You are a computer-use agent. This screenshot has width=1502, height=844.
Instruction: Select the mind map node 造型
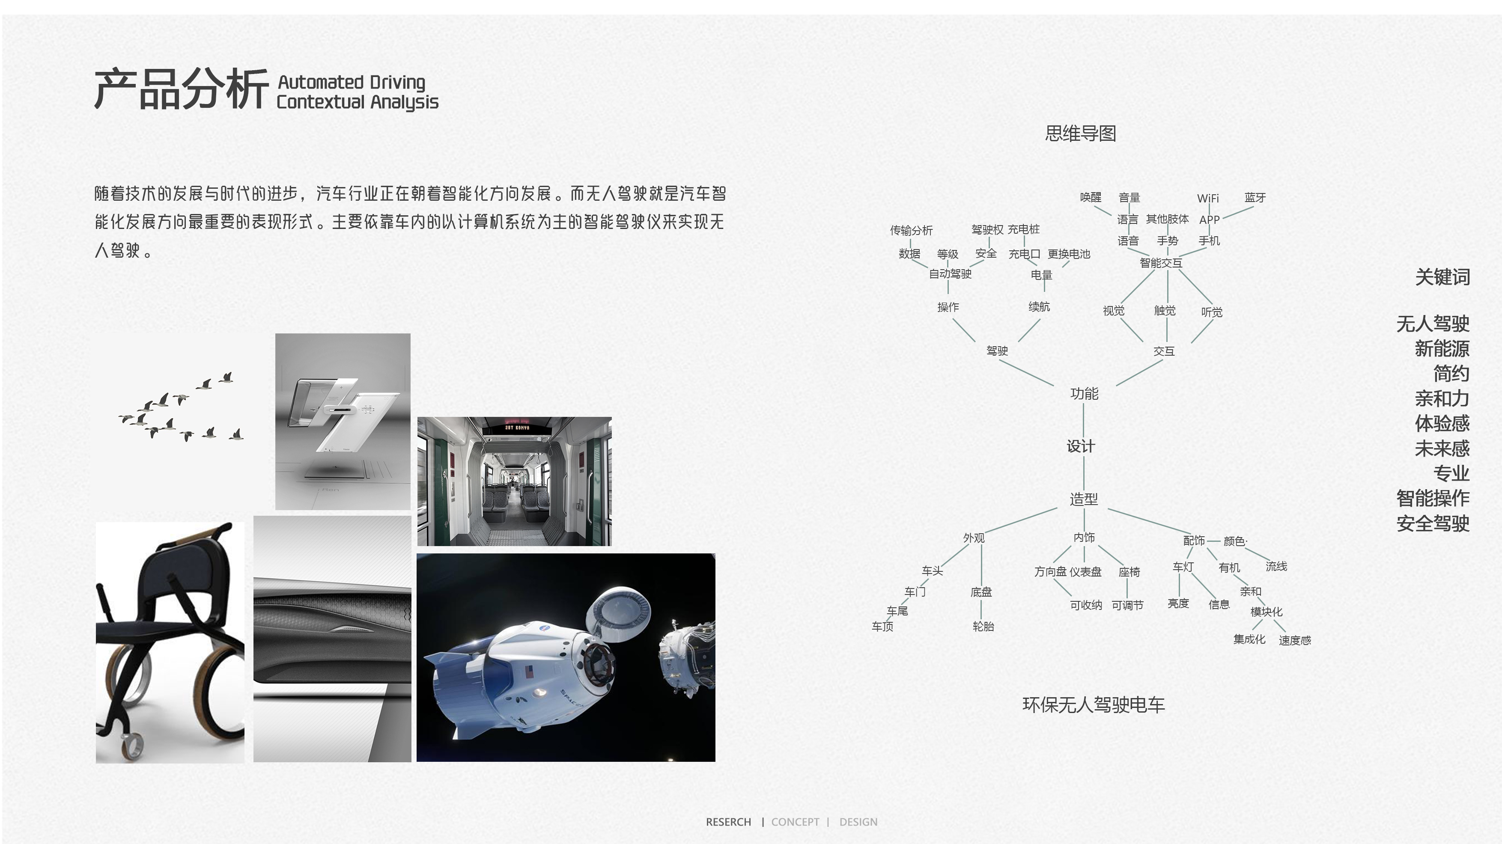1083,499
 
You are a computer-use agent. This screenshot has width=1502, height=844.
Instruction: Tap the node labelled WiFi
1207,199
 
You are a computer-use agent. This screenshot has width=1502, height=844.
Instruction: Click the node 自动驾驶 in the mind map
950,274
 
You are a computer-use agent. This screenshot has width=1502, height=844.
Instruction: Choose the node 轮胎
983,627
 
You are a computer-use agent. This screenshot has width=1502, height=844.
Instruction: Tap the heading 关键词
1442,277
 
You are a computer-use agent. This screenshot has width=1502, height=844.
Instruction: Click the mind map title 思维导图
1080,134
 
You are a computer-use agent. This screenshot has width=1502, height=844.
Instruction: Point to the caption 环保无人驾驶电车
1093,705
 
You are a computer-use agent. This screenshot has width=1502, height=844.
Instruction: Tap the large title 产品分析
181,89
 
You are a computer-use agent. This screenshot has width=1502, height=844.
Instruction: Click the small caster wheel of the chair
132,744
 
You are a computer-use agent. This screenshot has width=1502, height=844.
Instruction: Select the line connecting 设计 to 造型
1083,473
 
